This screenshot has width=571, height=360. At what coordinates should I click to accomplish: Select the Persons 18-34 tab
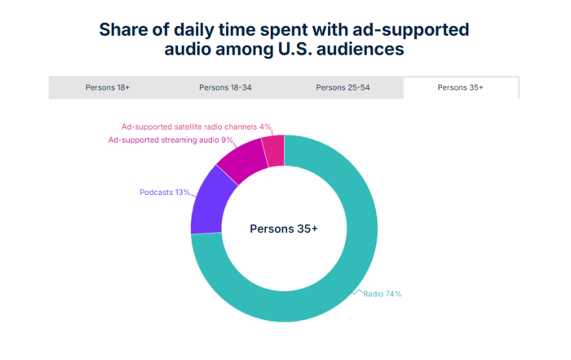click(x=224, y=87)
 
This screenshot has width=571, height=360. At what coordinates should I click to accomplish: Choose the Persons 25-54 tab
click(x=343, y=87)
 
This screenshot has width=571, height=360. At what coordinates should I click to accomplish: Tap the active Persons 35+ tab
click(x=461, y=87)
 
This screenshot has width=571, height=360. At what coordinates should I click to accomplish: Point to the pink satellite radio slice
click(x=274, y=149)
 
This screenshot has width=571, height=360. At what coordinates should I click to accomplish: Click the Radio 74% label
click(x=382, y=293)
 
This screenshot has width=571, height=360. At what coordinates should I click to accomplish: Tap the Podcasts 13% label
click(x=165, y=193)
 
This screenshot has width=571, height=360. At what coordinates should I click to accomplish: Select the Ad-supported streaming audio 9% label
click(x=171, y=140)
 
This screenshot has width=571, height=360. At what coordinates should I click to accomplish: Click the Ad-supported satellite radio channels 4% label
click(x=195, y=127)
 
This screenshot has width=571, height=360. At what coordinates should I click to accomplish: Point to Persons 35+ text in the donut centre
click(x=283, y=229)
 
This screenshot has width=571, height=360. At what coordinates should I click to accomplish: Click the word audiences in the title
click(x=363, y=50)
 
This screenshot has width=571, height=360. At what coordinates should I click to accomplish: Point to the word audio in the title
click(x=179, y=50)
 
